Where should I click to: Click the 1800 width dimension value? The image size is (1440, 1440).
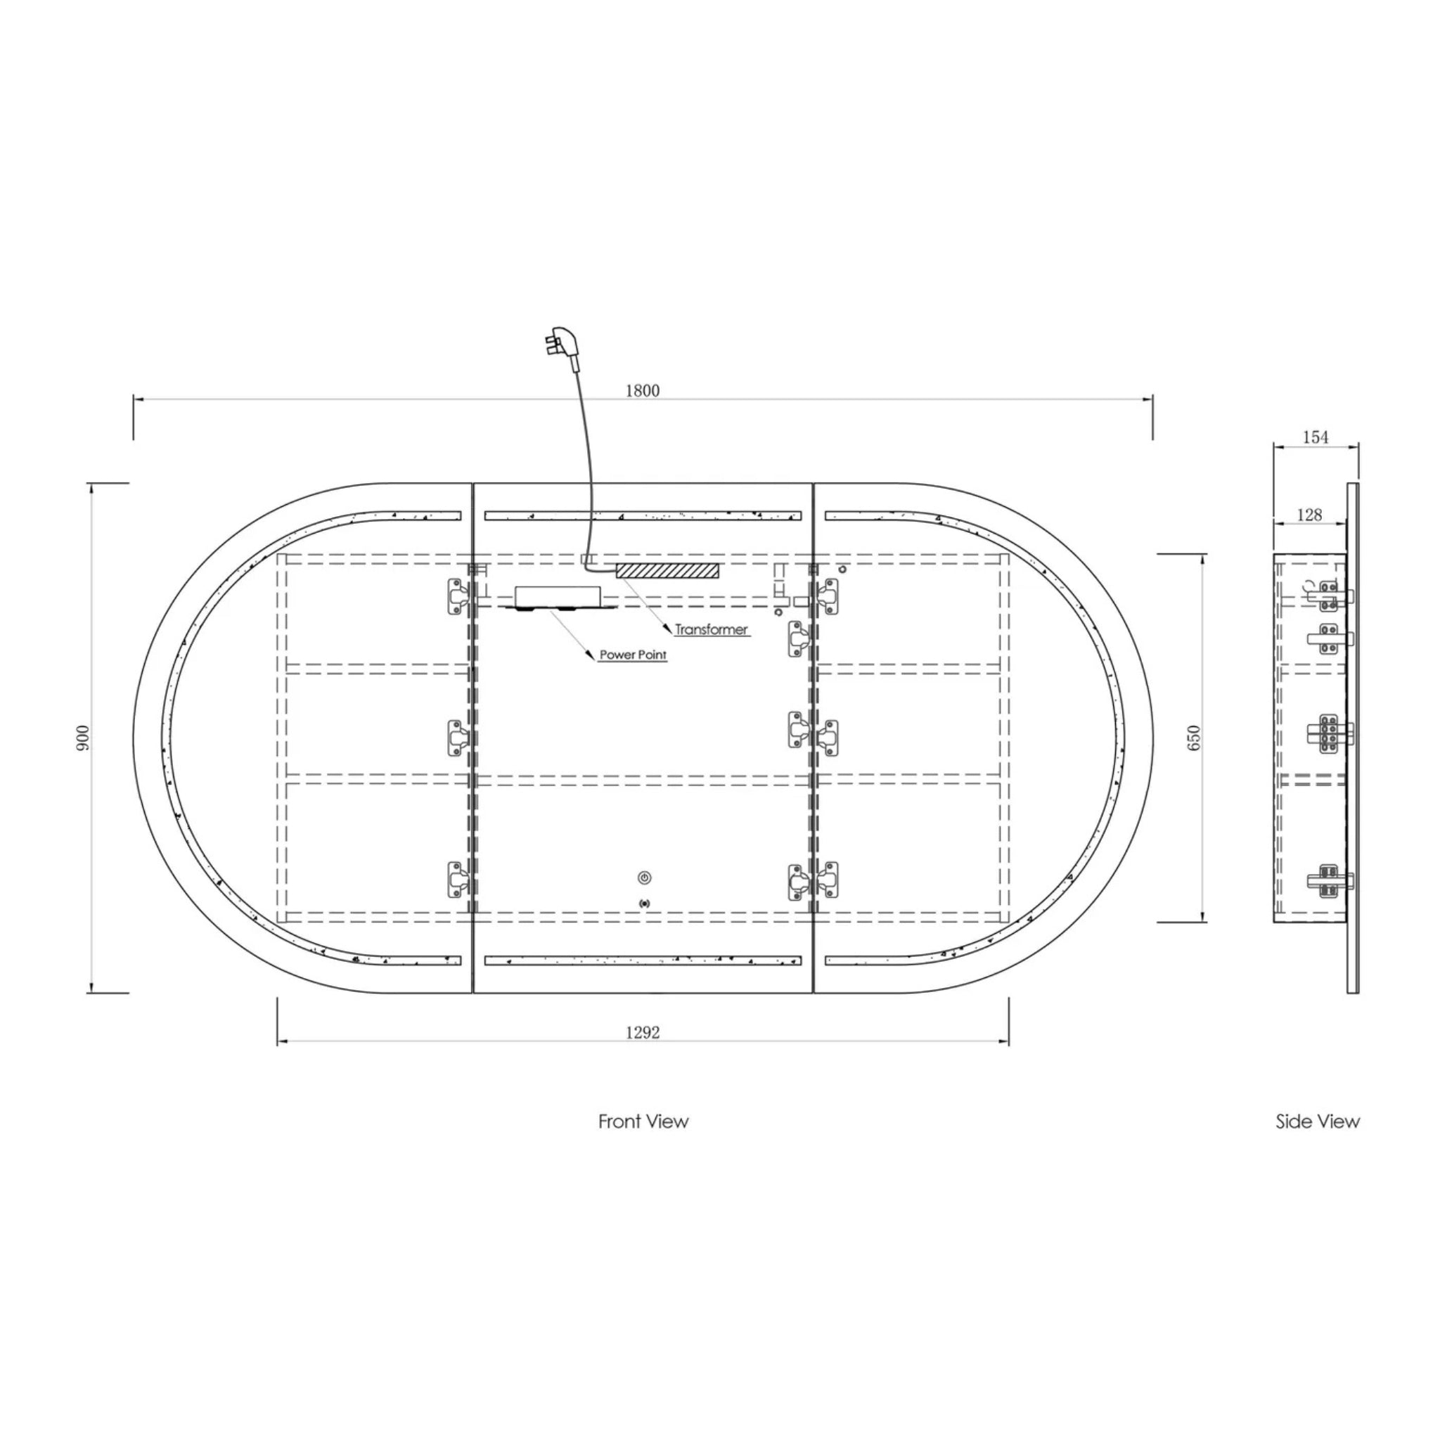643,390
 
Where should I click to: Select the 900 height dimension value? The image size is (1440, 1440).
83,737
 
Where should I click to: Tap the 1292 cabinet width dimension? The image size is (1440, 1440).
643,1032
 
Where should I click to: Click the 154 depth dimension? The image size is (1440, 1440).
1316,437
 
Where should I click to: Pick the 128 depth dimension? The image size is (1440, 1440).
1309,514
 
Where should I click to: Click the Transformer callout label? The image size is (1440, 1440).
711,629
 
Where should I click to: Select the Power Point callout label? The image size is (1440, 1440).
633,655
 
